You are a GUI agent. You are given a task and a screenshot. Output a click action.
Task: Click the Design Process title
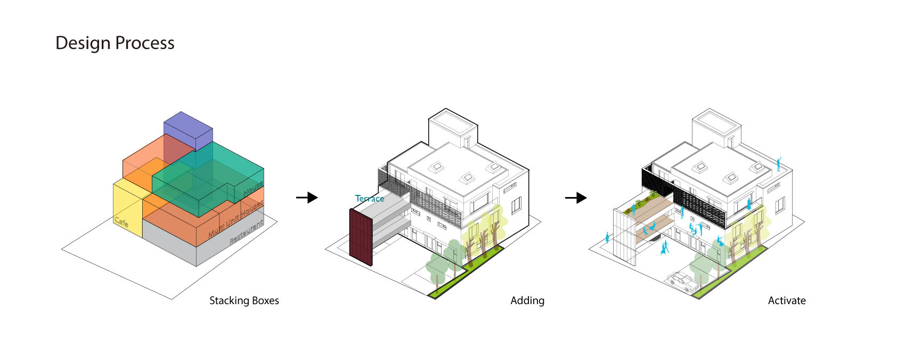click(x=115, y=43)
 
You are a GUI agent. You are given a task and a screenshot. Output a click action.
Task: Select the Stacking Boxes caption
click(x=244, y=301)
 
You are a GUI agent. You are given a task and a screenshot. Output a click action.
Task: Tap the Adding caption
click(x=527, y=301)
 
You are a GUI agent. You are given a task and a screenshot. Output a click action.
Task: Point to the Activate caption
click(x=786, y=301)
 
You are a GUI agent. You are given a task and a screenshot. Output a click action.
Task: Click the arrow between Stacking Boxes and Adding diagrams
click(x=307, y=198)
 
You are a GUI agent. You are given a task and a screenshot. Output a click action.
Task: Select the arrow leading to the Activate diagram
click(x=576, y=198)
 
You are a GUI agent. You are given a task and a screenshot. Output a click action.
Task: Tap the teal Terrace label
click(x=370, y=199)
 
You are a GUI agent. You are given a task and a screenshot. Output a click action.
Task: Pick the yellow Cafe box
click(x=127, y=208)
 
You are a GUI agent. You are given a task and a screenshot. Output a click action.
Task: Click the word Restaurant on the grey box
click(x=246, y=233)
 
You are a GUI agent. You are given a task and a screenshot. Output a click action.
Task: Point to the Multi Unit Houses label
click(x=235, y=219)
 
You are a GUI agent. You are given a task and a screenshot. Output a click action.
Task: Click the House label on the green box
click(x=253, y=188)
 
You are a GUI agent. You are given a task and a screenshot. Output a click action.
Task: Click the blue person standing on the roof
click(x=778, y=163)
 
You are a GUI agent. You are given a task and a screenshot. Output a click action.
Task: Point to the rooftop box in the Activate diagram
click(x=716, y=128)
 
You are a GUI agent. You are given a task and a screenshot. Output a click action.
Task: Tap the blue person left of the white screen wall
click(x=607, y=237)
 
